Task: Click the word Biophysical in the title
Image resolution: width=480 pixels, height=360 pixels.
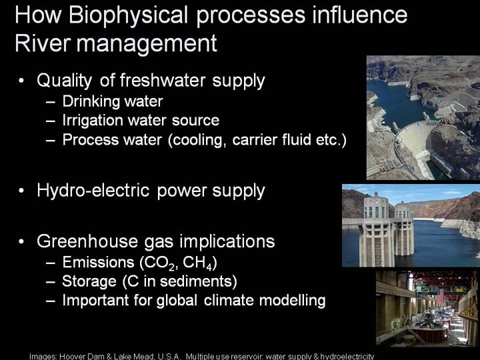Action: [x=128, y=15]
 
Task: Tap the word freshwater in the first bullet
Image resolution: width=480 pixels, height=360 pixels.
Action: [x=163, y=81]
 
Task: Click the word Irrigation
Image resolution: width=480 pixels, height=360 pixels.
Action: [x=93, y=121]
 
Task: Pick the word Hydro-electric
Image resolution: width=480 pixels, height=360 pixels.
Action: [x=93, y=191]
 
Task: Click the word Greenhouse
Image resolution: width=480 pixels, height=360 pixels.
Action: [x=87, y=241]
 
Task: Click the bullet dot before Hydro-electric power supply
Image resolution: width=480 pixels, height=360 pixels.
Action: [x=21, y=191]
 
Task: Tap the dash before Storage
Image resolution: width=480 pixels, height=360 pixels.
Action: [x=51, y=282]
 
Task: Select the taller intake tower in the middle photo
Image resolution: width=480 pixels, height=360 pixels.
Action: [x=376, y=229]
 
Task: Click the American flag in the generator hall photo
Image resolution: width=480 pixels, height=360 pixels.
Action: [x=440, y=296]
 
